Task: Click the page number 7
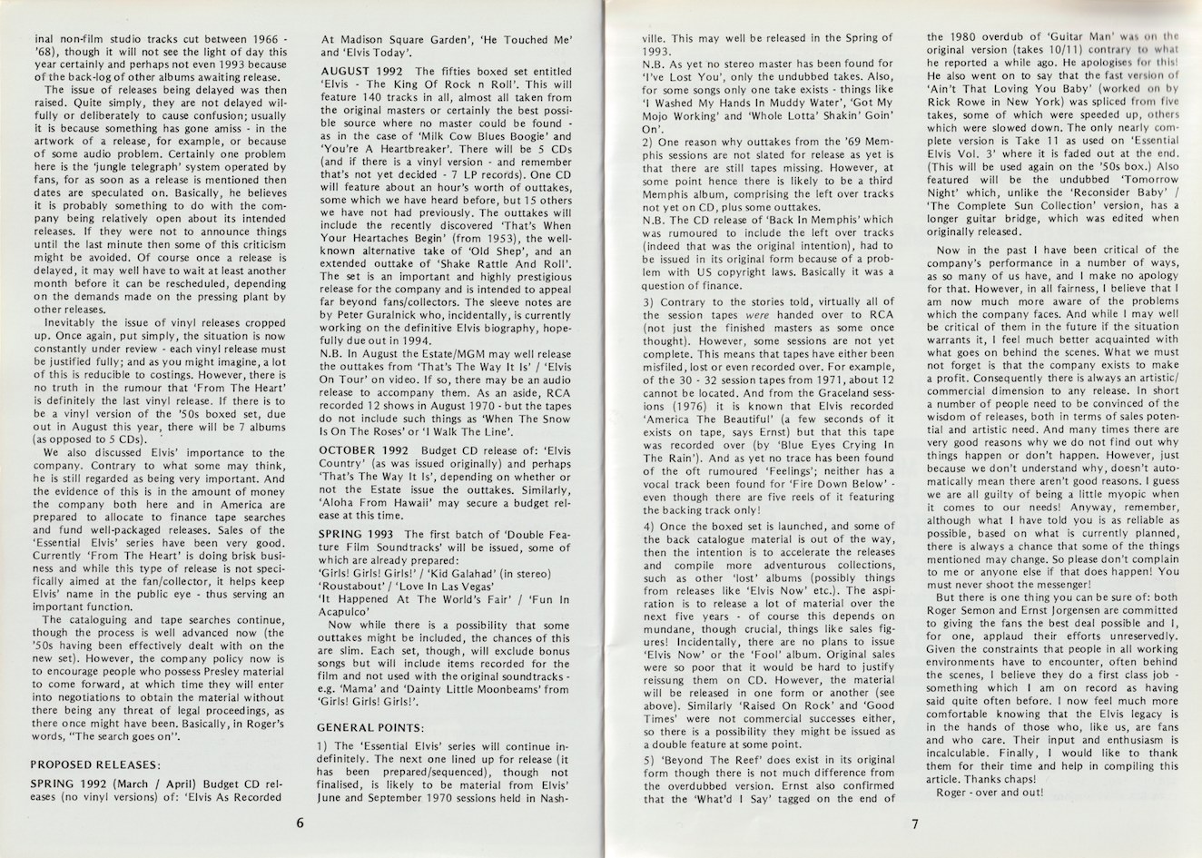point(917,824)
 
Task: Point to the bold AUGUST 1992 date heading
point(360,71)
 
